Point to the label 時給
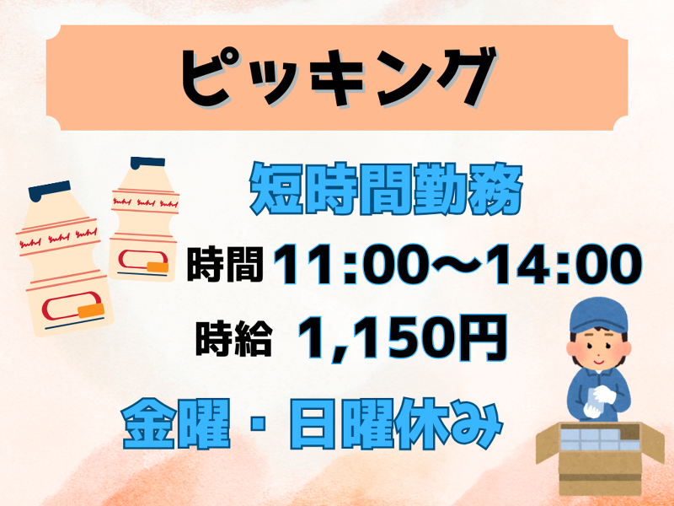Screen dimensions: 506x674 point(233,337)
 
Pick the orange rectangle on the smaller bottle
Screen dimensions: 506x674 point(157,268)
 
